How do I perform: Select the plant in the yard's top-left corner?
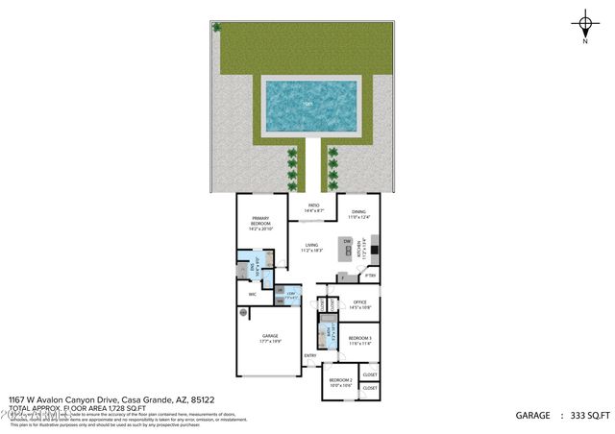click(x=216, y=28)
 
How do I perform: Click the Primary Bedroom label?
click(x=260, y=224)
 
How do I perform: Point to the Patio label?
click(x=313, y=207)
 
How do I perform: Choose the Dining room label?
click(x=357, y=215)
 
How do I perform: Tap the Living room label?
click(x=311, y=248)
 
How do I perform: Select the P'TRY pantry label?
click(x=370, y=277)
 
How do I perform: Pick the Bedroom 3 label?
click(x=359, y=341)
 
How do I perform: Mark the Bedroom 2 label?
click(x=340, y=383)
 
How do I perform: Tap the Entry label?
click(x=309, y=356)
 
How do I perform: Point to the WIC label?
click(x=252, y=294)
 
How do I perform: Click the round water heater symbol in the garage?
click(x=244, y=313)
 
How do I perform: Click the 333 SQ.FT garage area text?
click(x=589, y=416)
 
